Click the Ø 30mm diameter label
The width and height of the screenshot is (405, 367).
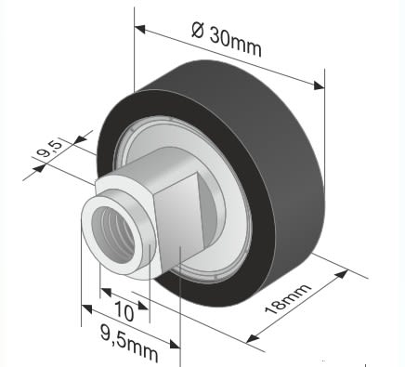(227, 38)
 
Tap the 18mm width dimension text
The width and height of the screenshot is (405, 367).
(288, 298)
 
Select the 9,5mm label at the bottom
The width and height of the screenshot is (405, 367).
(129, 343)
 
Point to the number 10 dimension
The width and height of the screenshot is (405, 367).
(124, 311)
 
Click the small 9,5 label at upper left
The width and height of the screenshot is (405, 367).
(47, 149)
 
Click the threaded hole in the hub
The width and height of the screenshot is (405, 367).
(113, 235)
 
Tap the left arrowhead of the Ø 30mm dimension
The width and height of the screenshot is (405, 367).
(140, 29)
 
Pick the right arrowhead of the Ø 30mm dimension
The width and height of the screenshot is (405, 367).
(319, 85)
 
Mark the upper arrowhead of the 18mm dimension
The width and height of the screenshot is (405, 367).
(342, 274)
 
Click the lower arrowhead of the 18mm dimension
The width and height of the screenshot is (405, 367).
(253, 338)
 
